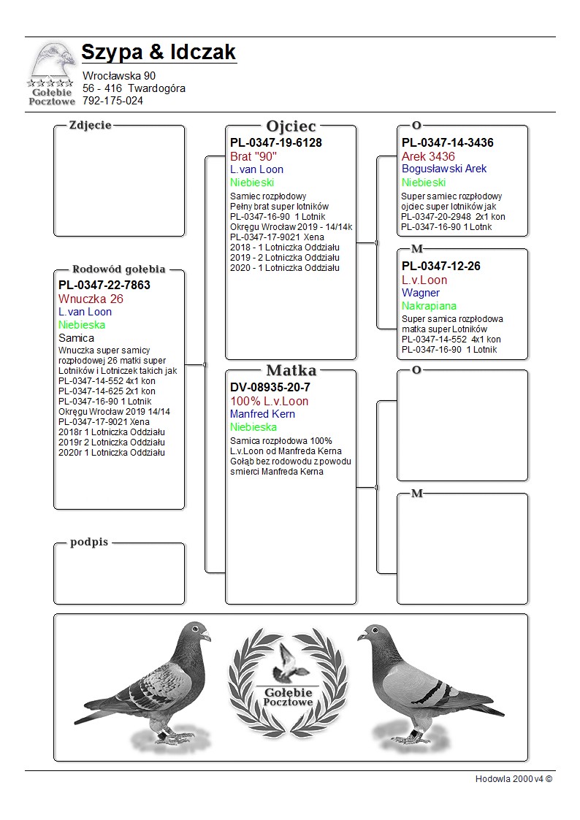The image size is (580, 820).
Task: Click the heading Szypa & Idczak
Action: tap(159, 53)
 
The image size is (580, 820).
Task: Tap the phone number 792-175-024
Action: tap(112, 101)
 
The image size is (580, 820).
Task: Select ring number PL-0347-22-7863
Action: tap(104, 285)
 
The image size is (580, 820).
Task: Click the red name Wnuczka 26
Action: tap(91, 299)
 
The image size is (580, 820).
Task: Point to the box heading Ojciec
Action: tap(291, 126)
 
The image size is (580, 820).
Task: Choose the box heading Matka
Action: tap(291, 370)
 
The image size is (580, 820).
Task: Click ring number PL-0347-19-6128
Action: tap(276, 142)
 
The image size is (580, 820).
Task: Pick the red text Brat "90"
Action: tap(253, 156)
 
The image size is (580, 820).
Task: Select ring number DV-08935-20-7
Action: tap(270, 387)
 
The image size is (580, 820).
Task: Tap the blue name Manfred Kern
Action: tap(263, 414)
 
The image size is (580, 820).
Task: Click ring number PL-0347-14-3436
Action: tap(448, 142)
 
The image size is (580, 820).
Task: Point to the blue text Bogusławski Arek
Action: tap(444, 169)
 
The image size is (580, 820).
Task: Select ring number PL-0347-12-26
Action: tap(441, 266)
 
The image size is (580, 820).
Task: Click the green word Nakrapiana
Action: tap(429, 306)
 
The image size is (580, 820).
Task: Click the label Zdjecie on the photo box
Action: tap(90, 125)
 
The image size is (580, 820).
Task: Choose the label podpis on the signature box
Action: tap(89, 542)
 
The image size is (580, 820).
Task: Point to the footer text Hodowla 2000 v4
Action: tap(514, 779)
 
